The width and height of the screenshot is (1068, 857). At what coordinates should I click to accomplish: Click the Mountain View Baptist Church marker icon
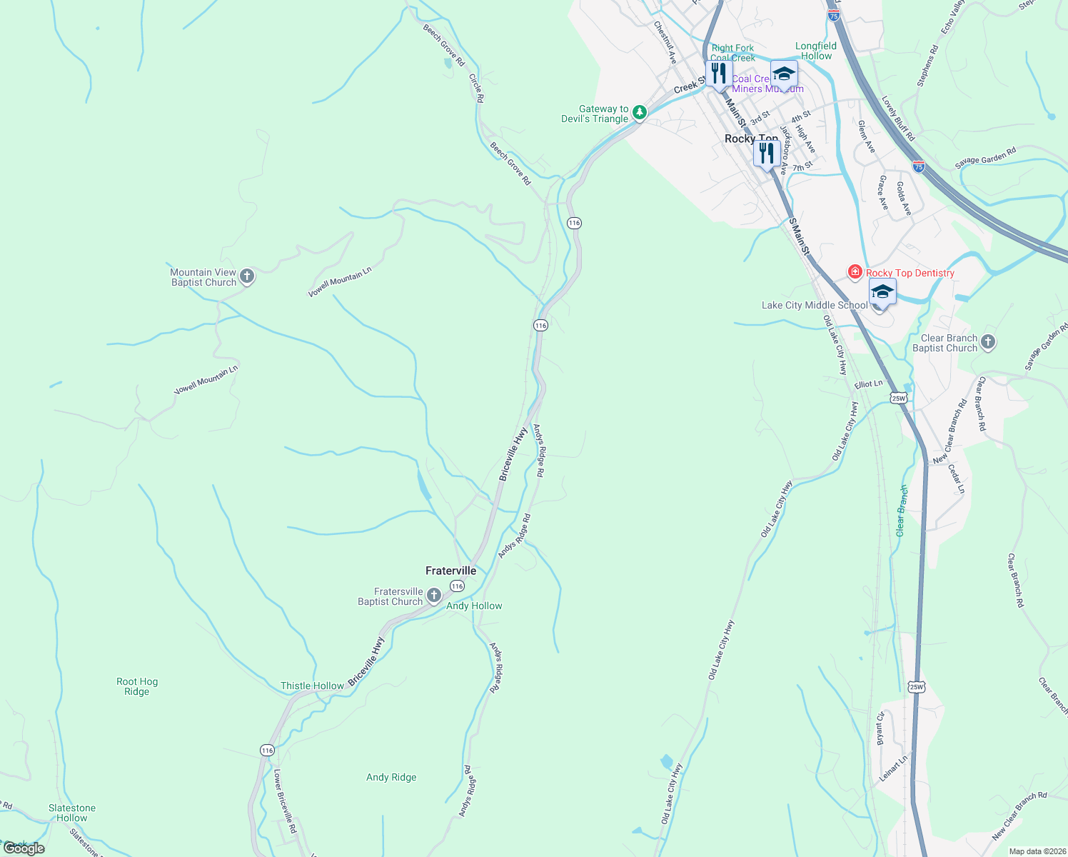pyautogui.click(x=247, y=276)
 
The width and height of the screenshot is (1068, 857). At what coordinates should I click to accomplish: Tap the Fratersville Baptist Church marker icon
pyautogui.click(x=433, y=596)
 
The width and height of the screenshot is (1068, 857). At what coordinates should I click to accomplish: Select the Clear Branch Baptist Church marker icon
pyautogui.click(x=988, y=342)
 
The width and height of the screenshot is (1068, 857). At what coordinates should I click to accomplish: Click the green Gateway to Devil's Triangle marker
pyautogui.click(x=640, y=113)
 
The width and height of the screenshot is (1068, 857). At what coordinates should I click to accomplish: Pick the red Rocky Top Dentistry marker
pyautogui.click(x=855, y=272)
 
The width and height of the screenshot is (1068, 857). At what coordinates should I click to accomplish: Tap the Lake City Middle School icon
pyautogui.click(x=882, y=294)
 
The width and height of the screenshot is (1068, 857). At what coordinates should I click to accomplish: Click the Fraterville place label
pyautogui.click(x=450, y=571)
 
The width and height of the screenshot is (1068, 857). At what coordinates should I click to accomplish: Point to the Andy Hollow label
pyautogui.click(x=474, y=606)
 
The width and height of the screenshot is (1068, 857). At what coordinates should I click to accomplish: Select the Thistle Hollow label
pyautogui.click(x=312, y=686)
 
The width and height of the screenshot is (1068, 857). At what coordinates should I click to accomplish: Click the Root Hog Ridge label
pyautogui.click(x=137, y=686)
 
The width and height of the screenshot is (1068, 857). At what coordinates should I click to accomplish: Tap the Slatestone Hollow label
pyautogui.click(x=72, y=813)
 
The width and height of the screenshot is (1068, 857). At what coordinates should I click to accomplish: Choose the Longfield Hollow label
pyautogui.click(x=816, y=51)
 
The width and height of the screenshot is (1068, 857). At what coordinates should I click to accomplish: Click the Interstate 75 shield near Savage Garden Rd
pyautogui.click(x=919, y=167)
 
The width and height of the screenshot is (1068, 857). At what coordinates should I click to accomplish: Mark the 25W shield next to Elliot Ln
pyautogui.click(x=898, y=398)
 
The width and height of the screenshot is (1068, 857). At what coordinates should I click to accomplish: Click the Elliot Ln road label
pyautogui.click(x=868, y=384)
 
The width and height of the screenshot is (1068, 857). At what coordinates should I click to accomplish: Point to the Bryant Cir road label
pyautogui.click(x=881, y=728)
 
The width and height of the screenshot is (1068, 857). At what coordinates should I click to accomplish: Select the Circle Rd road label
pyautogui.click(x=476, y=87)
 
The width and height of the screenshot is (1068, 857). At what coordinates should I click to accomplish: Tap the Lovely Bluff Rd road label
pyautogui.click(x=898, y=118)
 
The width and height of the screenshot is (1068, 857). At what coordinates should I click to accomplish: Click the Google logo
pyautogui.click(x=24, y=848)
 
